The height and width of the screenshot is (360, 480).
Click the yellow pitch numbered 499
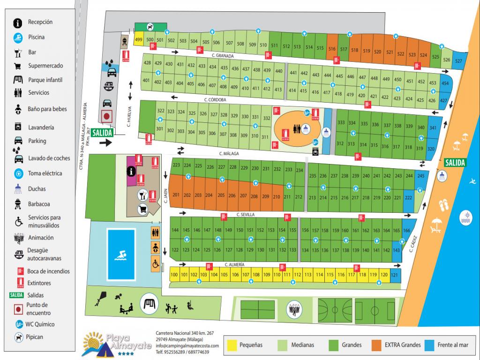139,40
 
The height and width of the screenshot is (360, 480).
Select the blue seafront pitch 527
458,61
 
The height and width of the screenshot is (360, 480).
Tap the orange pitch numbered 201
176,195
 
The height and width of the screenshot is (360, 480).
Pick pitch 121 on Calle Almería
395,275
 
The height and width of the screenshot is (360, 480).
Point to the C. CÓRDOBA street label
216,100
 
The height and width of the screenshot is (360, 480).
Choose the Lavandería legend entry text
41,127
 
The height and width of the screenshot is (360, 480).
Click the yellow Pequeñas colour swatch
232,345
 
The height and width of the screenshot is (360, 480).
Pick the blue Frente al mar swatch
430,345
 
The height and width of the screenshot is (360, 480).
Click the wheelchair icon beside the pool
155,263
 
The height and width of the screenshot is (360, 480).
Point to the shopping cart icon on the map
141,209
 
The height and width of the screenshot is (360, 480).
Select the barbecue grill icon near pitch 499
125,41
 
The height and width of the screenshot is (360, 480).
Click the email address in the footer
187,346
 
